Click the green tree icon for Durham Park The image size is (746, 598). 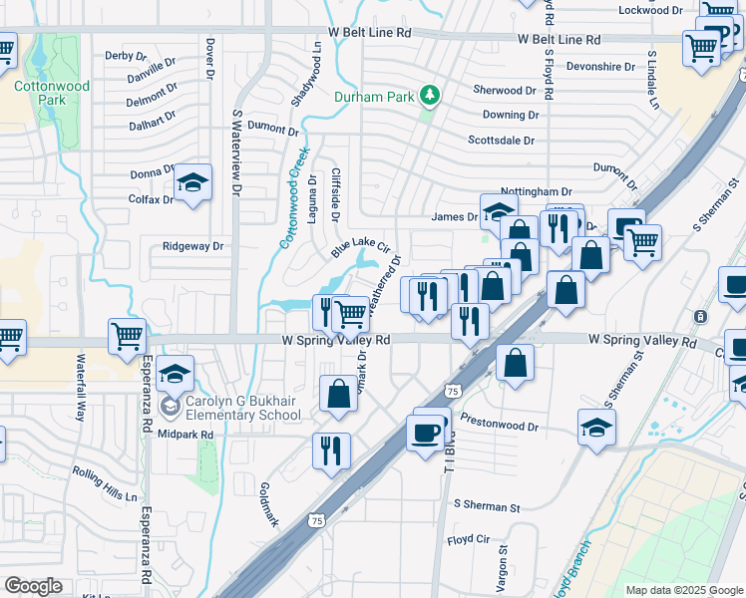pyautogui.click(x=430, y=96)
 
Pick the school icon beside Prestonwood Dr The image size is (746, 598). pyautogui.click(x=597, y=427)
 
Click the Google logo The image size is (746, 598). pyautogui.click(x=33, y=585)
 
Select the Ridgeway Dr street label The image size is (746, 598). pyautogui.click(x=193, y=246)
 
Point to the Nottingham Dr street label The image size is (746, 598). pyautogui.click(x=537, y=191)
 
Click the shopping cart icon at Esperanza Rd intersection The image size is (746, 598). pyautogui.click(x=128, y=337)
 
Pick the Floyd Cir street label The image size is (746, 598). pyautogui.click(x=469, y=539)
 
